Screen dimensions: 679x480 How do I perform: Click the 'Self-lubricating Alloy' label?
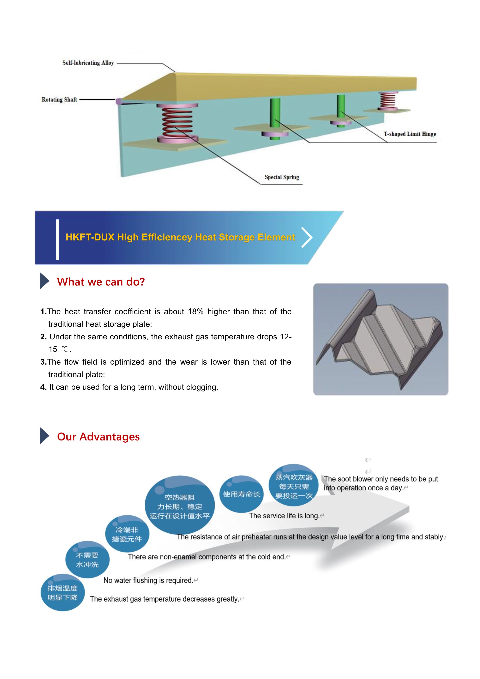click(x=88, y=63)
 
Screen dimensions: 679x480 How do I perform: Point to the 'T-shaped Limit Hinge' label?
click(x=410, y=134)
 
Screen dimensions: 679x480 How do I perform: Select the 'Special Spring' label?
click(x=282, y=177)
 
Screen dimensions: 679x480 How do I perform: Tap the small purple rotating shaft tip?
click(x=118, y=101)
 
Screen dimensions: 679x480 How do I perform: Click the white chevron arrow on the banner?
click(x=307, y=237)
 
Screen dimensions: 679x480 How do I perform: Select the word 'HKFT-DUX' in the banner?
click(x=90, y=237)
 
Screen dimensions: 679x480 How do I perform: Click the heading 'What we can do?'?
click(x=101, y=282)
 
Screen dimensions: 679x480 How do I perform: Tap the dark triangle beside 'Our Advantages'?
click(x=44, y=436)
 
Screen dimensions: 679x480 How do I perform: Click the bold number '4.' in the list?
click(x=43, y=387)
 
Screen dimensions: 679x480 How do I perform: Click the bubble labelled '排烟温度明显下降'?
click(x=63, y=593)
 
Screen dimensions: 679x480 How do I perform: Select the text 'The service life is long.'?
click(x=284, y=516)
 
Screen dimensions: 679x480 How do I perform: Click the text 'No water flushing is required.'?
click(x=148, y=580)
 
